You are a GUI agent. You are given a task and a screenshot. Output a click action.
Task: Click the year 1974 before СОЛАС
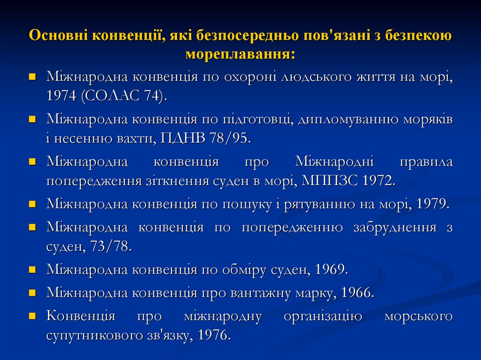coord(61,96)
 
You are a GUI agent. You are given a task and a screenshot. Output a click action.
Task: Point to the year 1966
coord(357,293)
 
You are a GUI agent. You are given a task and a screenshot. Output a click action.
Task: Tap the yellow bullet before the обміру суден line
coord(32,270)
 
